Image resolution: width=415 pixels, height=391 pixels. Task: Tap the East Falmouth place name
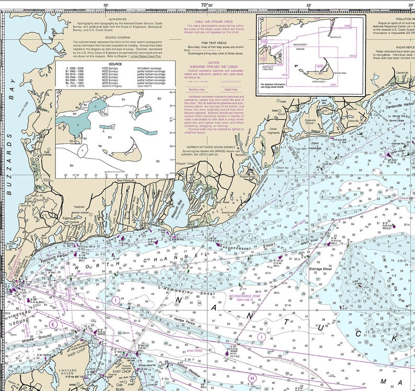[126, 180]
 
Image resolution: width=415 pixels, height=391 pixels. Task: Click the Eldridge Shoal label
[320, 269]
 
